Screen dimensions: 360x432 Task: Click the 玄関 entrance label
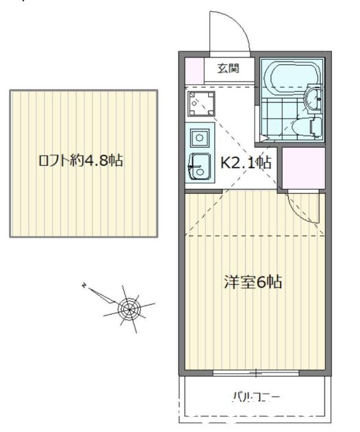[x=228, y=68]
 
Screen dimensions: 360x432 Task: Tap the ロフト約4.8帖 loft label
[x=81, y=160]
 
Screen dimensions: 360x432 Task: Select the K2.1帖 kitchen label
[x=246, y=162]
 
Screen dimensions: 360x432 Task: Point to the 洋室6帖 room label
[x=253, y=281]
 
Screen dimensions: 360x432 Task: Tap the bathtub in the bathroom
[x=292, y=73]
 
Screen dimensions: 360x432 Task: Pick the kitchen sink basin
[x=200, y=166]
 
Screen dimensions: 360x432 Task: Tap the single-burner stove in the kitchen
[x=200, y=137]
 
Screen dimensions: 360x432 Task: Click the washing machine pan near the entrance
[x=201, y=103]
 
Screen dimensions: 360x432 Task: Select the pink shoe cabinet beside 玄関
[x=194, y=71]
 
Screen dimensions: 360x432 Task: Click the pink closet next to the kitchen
[x=303, y=168]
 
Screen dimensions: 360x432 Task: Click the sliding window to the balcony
[x=256, y=373]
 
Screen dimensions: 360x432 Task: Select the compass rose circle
[x=129, y=309]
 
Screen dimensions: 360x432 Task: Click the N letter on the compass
[x=84, y=285]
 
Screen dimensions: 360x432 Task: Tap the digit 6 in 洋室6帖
[x=261, y=281]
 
